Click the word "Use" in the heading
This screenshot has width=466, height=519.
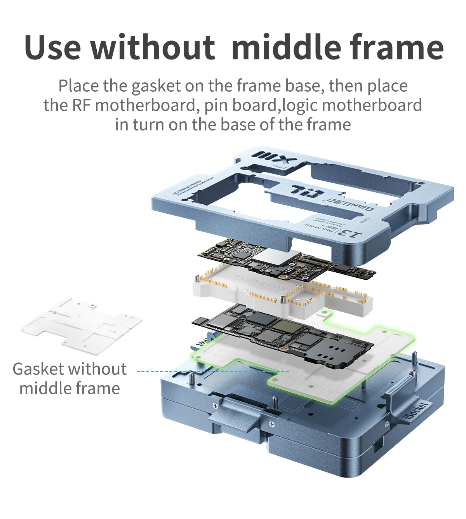[53, 47]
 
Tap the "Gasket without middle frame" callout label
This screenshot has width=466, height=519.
[70, 378]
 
